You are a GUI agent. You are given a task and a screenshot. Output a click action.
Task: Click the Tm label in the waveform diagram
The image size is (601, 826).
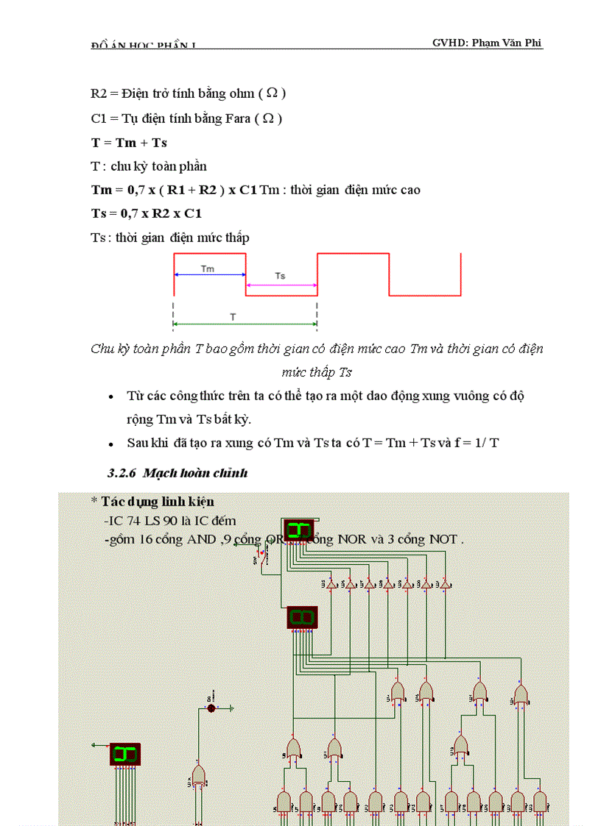[208, 268]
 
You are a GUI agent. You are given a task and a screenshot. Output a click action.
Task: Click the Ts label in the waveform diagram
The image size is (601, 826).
[280, 276]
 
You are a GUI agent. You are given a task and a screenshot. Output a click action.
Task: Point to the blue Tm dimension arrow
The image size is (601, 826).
[209, 275]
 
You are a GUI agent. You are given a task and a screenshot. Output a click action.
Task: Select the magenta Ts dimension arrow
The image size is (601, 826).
[281, 284]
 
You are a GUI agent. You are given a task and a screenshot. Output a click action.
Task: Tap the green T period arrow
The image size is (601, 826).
[245, 323]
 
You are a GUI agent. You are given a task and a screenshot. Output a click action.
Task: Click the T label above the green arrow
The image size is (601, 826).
[233, 316]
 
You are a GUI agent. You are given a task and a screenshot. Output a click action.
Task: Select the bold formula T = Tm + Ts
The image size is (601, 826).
[129, 142]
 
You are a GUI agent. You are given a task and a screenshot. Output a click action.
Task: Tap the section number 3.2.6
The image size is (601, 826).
[122, 472]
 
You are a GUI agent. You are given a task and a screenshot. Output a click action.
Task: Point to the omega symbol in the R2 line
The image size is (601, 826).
[272, 93]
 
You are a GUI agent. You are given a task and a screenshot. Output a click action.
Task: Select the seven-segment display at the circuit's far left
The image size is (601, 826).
[126, 754]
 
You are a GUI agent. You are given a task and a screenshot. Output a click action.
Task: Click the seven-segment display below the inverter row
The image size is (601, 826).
[302, 617]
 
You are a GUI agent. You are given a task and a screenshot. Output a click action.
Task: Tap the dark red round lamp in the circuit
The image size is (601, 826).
[211, 708]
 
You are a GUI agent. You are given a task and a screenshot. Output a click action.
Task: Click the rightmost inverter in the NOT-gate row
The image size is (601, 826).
[444, 585]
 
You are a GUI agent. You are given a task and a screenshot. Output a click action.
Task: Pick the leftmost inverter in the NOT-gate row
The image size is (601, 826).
[331, 585]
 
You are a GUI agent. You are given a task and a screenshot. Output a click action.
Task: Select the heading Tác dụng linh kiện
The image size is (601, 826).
[152, 501]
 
